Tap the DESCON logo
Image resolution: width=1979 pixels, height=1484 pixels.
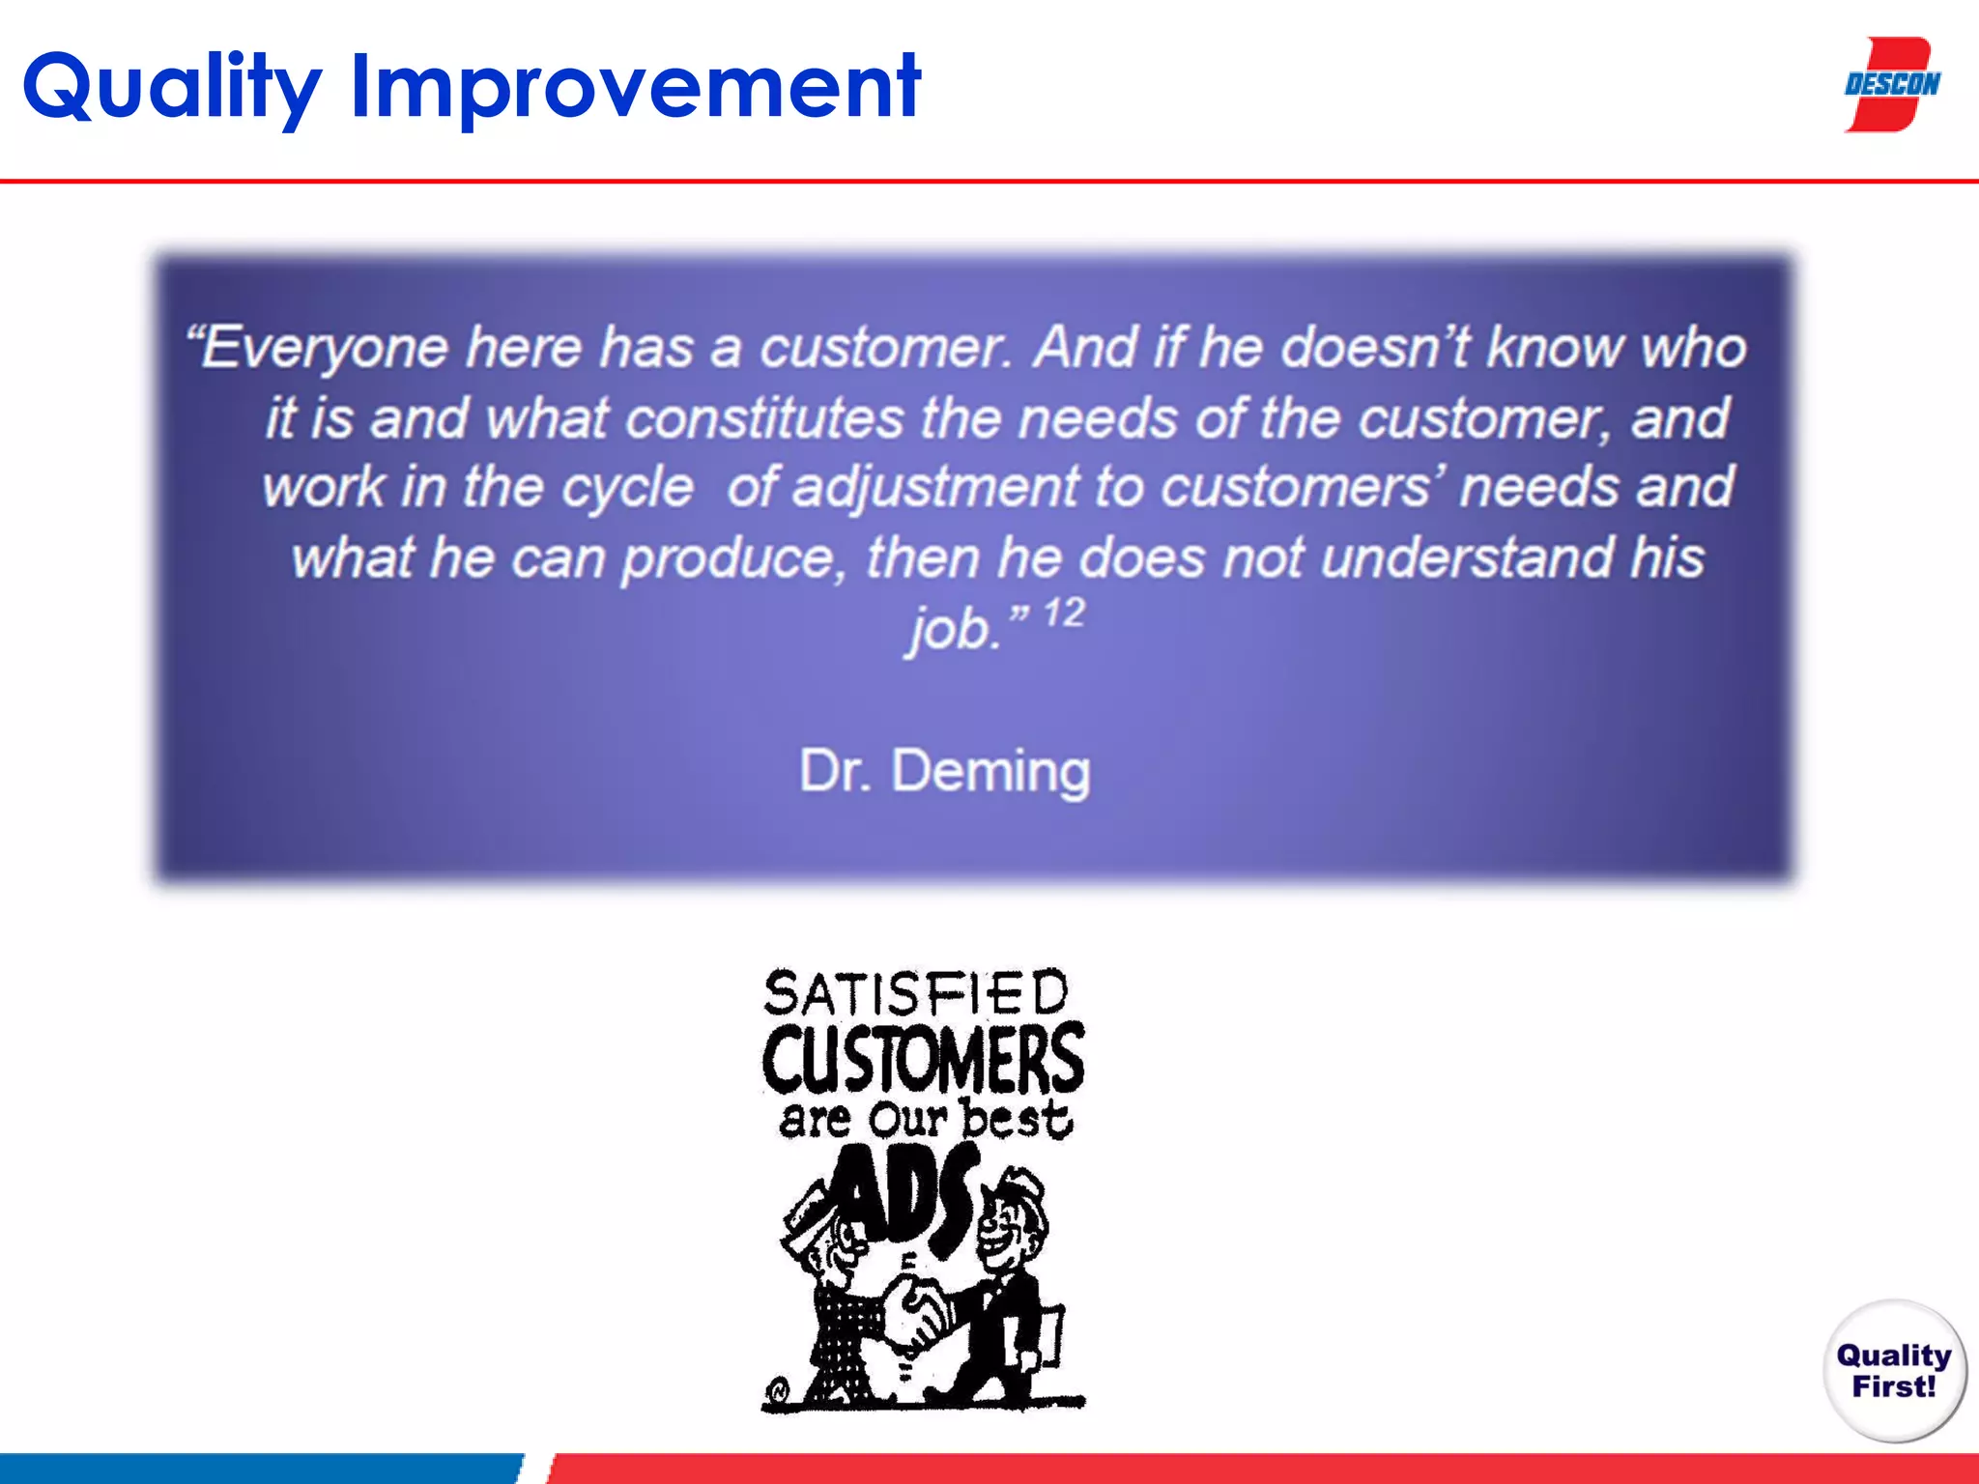pos(1891,85)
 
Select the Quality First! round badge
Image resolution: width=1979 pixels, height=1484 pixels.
pos(1894,1370)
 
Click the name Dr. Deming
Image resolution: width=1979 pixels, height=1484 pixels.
pos(944,771)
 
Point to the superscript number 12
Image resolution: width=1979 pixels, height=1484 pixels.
pos(1064,614)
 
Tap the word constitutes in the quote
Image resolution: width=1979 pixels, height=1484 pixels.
pos(764,419)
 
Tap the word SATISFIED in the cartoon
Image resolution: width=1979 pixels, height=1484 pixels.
pos(915,993)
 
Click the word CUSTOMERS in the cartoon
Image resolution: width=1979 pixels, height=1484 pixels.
pos(923,1059)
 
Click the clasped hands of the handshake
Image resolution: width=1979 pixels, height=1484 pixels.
pos(918,1314)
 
